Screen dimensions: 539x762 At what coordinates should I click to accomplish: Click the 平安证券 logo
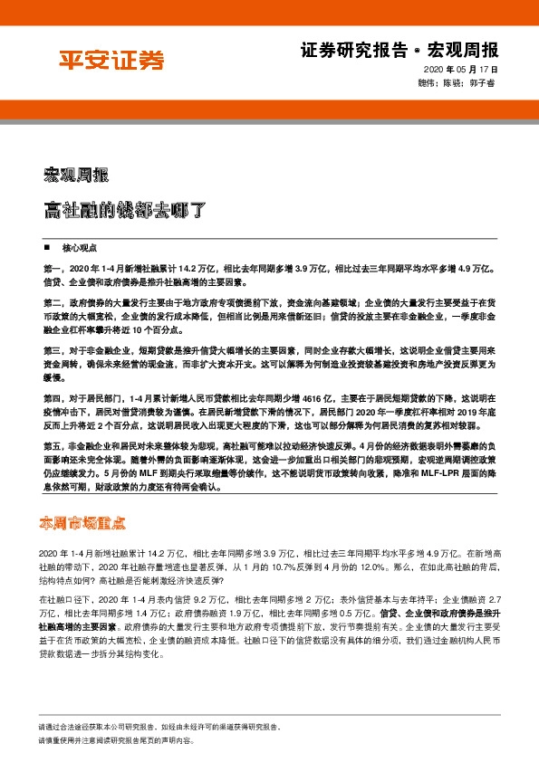(111, 61)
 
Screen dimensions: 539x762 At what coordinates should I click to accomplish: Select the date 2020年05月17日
(461, 70)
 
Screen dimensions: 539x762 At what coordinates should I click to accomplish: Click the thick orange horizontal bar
(269, 111)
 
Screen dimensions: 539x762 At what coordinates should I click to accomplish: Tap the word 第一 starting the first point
(51, 269)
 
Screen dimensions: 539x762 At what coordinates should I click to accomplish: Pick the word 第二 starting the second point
(51, 298)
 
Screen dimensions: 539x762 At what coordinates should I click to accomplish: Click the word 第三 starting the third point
(51, 348)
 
